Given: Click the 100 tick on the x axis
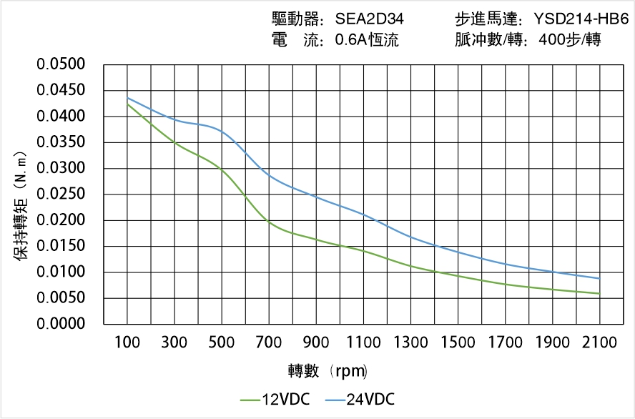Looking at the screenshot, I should click(128, 342).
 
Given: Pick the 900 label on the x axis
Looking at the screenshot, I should click(317, 342).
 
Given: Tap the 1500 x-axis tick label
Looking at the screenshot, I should click(458, 342).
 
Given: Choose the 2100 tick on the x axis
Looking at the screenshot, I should click(599, 342).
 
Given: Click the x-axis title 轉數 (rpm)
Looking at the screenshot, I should click(328, 371).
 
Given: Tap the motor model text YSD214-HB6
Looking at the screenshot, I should click(581, 19).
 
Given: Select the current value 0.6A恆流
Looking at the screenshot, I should click(367, 40).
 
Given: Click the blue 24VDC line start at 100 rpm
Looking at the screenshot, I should click(128, 98).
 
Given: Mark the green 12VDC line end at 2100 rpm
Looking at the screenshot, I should click(599, 293).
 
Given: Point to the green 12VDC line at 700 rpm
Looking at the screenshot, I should click(270, 223).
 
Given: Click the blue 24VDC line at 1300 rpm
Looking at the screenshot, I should click(411, 237).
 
